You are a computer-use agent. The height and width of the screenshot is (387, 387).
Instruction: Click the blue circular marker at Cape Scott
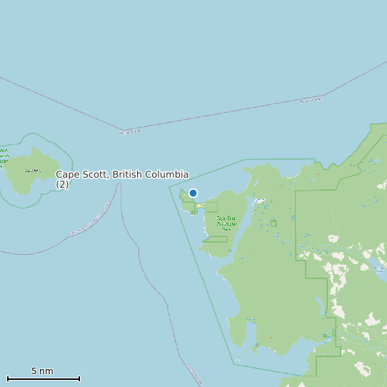(x=193, y=193)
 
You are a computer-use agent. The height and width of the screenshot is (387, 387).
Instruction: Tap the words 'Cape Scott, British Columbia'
(x=122, y=174)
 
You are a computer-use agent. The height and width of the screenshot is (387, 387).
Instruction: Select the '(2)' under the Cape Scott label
(x=62, y=184)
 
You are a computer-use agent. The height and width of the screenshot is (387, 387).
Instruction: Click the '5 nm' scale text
(x=42, y=371)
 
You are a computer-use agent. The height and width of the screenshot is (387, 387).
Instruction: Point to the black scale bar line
(x=43, y=378)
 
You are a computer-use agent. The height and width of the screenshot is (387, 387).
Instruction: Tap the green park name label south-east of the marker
(x=227, y=223)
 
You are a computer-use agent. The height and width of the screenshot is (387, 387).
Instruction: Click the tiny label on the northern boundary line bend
(x=130, y=131)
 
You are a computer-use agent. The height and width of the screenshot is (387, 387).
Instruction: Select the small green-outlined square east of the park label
(x=273, y=223)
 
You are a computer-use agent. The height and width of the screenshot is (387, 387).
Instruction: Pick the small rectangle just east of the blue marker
(x=208, y=207)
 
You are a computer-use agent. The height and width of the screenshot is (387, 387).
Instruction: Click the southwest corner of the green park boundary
(x=234, y=363)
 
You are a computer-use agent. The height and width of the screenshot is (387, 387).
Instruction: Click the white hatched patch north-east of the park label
(x=258, y=201)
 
